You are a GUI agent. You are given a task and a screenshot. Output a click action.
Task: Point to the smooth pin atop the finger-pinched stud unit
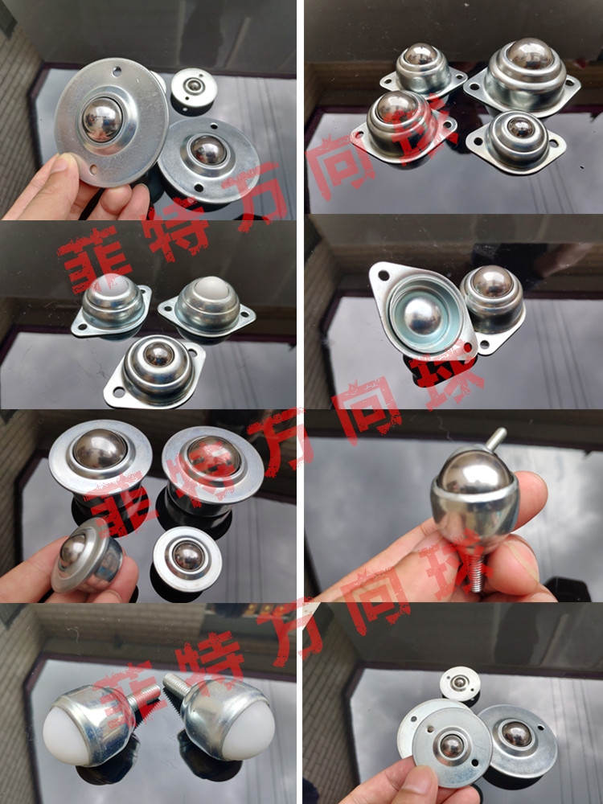495,438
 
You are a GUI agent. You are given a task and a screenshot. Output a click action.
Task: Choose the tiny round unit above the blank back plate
460,683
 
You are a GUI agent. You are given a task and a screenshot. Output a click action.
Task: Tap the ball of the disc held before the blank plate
451,745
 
